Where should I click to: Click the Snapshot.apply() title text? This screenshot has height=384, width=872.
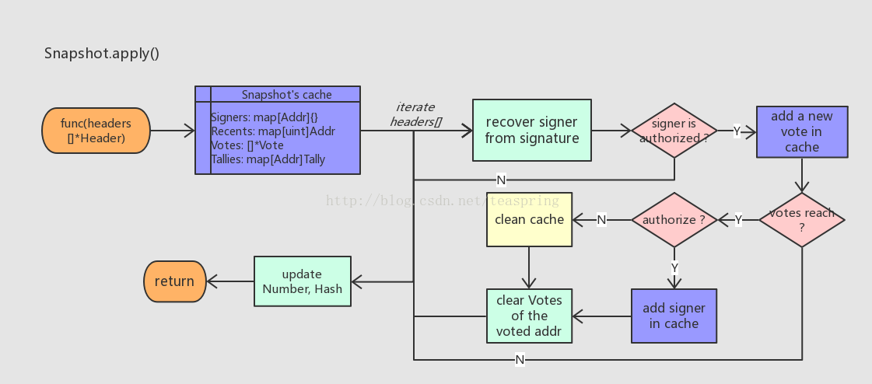pos(102,54)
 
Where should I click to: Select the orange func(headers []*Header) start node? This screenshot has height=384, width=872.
pos(96,131)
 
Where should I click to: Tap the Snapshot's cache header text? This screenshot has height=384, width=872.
pos(286,95)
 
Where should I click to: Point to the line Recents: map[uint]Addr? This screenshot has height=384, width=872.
pos(272,131)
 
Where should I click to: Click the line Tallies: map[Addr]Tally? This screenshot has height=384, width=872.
pos(268,159)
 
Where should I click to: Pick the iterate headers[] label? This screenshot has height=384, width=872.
pos(415,114)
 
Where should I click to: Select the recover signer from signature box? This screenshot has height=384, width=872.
pos(531,131)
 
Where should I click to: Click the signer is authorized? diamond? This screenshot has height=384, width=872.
pos(674,131)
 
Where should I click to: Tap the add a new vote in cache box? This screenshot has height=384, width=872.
pos(801,131)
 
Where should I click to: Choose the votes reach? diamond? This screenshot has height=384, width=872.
pos(801,220)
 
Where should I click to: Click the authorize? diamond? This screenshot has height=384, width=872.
pos(674,220)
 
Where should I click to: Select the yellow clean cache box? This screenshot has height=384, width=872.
pos(529,219)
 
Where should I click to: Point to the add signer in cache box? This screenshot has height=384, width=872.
pos(673,316)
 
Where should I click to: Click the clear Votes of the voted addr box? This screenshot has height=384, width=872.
pos(529,316)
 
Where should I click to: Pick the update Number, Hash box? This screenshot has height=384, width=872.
pos(303,281)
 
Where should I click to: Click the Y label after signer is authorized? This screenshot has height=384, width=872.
pos(737,131)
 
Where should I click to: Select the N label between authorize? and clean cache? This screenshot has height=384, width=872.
pos(601,220)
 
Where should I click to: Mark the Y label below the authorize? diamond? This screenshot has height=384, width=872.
pos(674,267)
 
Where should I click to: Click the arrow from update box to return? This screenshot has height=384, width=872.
pos(229,281)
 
